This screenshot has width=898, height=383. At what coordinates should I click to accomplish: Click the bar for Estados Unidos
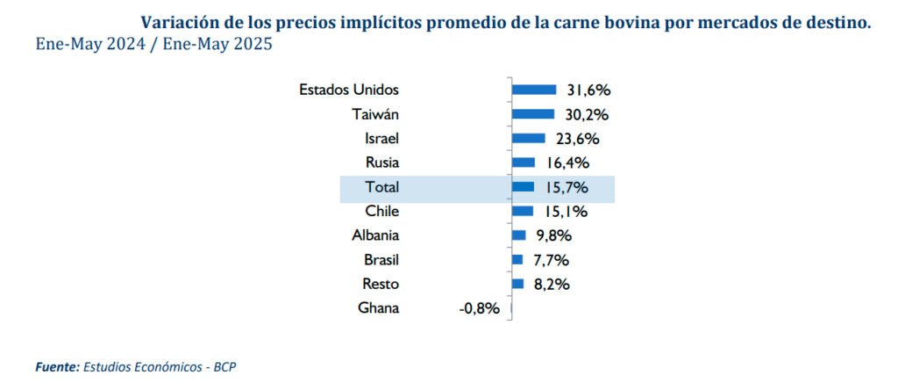coord(533,89)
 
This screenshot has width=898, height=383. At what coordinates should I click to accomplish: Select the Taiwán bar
coord(532,113)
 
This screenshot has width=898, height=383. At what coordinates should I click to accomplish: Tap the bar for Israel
coord(528,138)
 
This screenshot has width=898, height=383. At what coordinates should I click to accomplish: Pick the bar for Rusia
coord(523,162)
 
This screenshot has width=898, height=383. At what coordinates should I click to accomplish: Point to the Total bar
coord(523,186)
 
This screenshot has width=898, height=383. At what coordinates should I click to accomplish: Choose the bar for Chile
coord(522,211)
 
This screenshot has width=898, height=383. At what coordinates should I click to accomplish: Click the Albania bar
coord(518,235)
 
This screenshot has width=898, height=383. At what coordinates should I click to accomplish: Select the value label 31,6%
coord(588,90)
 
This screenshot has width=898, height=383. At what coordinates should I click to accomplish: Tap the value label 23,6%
coord(577,138)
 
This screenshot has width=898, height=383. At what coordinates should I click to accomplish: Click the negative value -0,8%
coord(479,308)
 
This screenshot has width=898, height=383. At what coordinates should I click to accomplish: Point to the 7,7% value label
coord(551,259)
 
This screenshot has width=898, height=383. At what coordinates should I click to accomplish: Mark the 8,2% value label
coord(552,284)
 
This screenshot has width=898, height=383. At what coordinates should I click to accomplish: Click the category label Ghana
coord(379,308)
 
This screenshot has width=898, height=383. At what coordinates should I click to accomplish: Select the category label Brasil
coord(381,259)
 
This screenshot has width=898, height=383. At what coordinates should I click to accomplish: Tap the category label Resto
coord(381,284)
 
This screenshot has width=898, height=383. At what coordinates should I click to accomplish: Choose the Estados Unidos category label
coord(349,90)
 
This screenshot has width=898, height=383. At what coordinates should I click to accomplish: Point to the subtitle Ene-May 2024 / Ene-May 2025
coord(153,44)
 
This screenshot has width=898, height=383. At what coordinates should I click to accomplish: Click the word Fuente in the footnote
coord(56,365)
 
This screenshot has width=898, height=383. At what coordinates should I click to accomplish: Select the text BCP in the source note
coord(225,365)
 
